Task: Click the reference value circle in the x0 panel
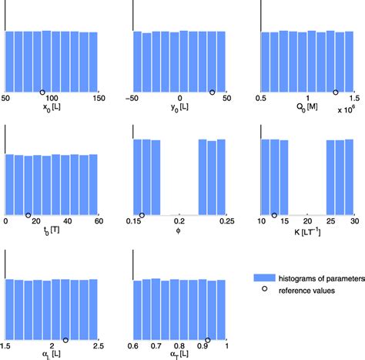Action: point(64,92)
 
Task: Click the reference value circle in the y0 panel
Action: point(213,92)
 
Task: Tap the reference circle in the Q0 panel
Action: point(335,92)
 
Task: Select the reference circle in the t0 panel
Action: point(28,215)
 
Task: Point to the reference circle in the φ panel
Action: point(142,215)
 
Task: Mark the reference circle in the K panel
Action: point(273,215)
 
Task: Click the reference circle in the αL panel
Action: point(65,339)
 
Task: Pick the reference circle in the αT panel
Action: point(208,339)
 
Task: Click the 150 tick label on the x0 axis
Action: point(98,99)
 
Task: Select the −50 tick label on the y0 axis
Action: point(134,99)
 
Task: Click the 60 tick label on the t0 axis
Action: point(98,223)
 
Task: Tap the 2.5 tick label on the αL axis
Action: point(98,347)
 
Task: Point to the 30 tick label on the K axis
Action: point(354,223)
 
